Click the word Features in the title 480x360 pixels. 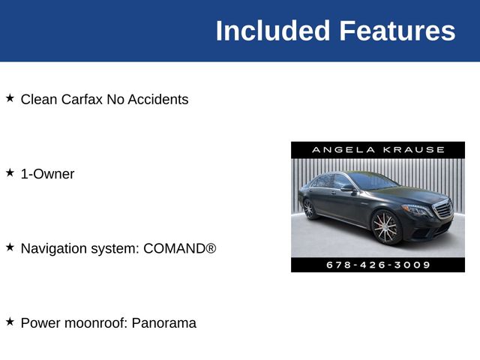point(397,31)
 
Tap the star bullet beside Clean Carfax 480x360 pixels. point(10,98)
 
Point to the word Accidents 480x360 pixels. point(158,99)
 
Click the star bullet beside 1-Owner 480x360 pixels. point(10,173)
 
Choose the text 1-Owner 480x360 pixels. point(47,174)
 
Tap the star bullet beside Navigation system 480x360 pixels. point(10,247)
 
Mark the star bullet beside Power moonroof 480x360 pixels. point(10,322)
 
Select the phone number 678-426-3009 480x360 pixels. point(378,265)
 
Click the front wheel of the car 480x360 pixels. point(385,226)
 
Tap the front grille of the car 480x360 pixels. point(443,209)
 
